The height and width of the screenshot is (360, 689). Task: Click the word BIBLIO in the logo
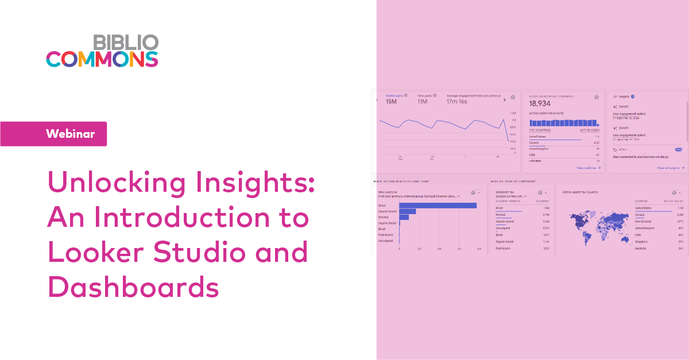click(x=125, y=42)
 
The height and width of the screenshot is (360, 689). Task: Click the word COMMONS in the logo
click(x=102, y=59)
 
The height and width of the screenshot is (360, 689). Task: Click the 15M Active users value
click(x=391, y=102)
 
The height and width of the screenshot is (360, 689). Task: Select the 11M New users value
click(x=422, y=102)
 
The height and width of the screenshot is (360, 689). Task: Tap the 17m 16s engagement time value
click(x=458, y=102)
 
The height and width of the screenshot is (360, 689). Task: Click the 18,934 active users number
click(x=540, y=103)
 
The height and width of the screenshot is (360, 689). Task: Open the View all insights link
click(x=671, y=168)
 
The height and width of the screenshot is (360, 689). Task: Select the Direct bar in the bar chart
click(x=438, y=206)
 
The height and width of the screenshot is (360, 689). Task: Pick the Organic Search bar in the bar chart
click(x=407, y=211)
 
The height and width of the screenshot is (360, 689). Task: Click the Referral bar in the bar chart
click(x=404, y=217)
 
